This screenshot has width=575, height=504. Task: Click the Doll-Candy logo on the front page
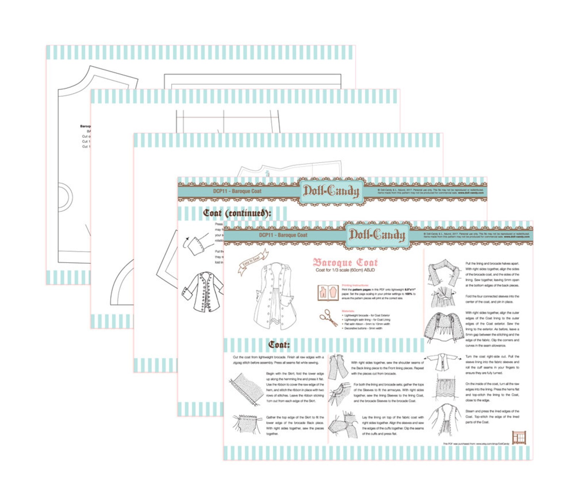point(377,236)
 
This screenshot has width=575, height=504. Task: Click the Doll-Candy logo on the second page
point(331,191)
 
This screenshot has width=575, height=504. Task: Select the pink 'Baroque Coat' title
point(345,262)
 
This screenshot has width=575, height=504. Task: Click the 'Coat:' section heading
point(279,345)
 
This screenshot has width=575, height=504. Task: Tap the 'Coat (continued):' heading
point(237,213)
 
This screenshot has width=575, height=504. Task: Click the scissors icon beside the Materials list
point(328,317)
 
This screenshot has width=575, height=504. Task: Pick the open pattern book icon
point(328,293)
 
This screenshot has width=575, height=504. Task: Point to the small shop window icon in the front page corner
point(519,437)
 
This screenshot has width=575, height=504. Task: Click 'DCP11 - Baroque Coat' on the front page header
point(283,235)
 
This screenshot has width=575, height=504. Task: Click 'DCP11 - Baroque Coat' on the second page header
point(237,191)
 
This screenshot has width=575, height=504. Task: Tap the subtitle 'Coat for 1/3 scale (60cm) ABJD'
point(345,270)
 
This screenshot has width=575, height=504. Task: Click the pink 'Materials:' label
point(348,311)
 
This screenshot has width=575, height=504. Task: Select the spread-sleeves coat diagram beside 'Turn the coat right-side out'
point(442,362)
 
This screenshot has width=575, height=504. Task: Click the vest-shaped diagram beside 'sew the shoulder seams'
point(338,366)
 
